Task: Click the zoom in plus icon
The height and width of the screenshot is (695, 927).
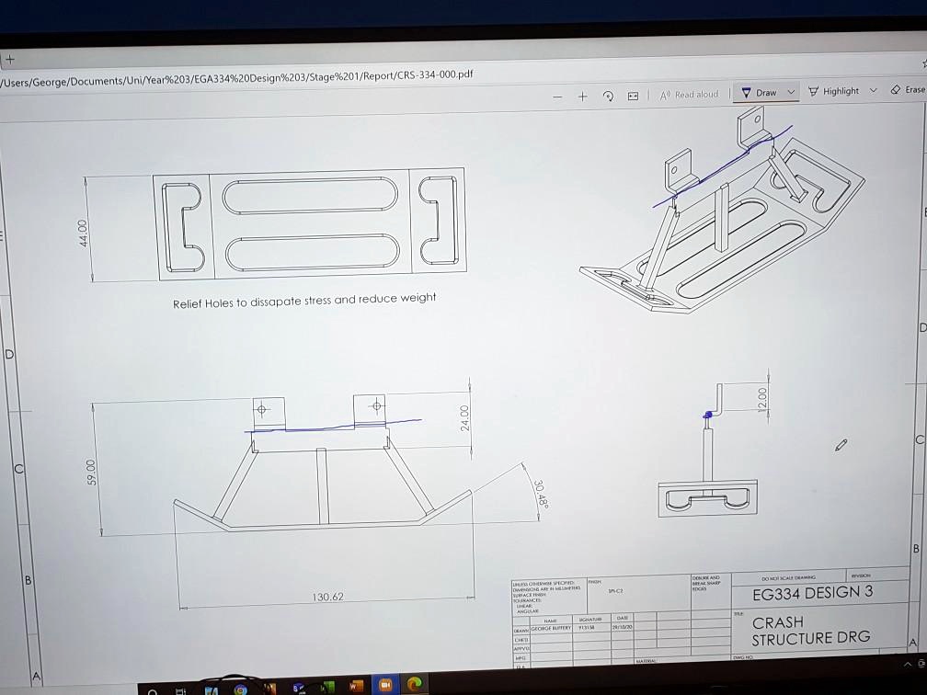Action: tap(583, 96)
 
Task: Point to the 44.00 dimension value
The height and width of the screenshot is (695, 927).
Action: tap(84, 232)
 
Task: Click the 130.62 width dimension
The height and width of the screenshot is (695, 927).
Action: tap(326, 597)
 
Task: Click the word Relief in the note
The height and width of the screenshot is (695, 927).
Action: tap(187, 303)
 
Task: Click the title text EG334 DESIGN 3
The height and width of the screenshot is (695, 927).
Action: tap(812, 592)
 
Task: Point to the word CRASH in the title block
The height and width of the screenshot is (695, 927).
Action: tap(777, 622)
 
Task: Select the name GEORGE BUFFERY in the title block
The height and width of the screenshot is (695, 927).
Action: tap(551, 628)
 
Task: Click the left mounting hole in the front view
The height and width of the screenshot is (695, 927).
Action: tap(261, 409)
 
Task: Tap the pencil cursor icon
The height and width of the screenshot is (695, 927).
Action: tap(841, 445)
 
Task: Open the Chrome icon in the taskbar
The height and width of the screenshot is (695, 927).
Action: tap(241, 689)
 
